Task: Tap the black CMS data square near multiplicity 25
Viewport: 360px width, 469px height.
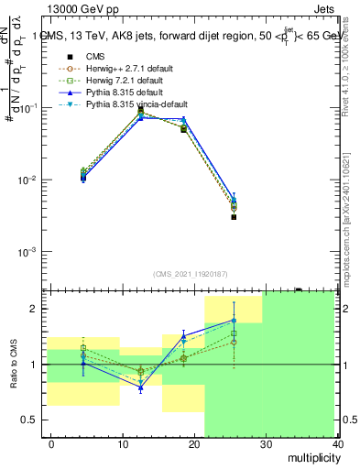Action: click(x=235, y=217)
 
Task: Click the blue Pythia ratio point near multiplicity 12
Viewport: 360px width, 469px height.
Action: click(x=140, y=388)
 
